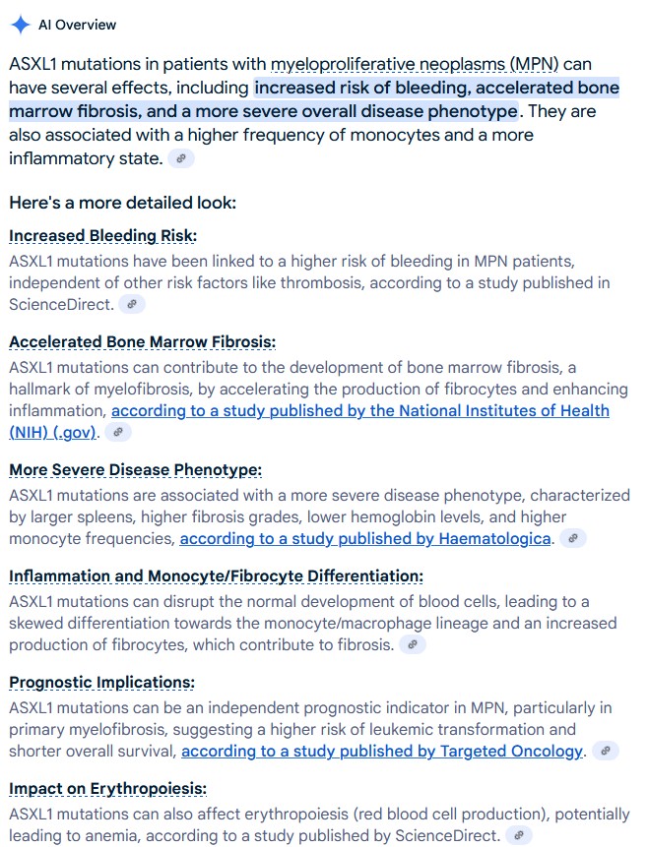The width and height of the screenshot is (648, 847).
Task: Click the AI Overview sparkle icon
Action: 20,25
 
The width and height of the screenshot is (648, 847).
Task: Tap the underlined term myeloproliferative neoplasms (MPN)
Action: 415,64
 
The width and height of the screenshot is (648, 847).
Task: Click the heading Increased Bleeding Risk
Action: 102,236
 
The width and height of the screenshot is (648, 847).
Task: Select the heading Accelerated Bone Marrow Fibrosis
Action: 142,342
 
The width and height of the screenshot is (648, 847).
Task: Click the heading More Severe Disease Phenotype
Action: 135,470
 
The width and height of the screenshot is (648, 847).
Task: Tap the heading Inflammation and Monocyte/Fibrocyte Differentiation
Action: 216,576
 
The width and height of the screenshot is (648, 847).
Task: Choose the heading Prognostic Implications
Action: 101,683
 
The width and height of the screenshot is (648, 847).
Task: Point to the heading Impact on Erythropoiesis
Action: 107,789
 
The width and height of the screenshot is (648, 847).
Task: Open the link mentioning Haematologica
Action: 365,539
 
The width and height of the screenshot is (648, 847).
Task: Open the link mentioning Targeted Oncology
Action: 382,752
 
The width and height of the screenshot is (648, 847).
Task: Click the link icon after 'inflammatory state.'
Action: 181,159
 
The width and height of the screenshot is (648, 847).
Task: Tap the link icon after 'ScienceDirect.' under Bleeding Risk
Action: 132,305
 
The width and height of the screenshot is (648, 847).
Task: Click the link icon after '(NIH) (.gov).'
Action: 118,433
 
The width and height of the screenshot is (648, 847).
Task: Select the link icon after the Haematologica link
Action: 573,539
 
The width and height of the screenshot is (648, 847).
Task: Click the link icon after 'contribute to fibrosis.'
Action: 414,645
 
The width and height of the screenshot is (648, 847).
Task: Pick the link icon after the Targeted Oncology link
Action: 607,752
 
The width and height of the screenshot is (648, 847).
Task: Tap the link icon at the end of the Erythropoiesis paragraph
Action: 519,836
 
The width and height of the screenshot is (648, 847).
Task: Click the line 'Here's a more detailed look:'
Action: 122,204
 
